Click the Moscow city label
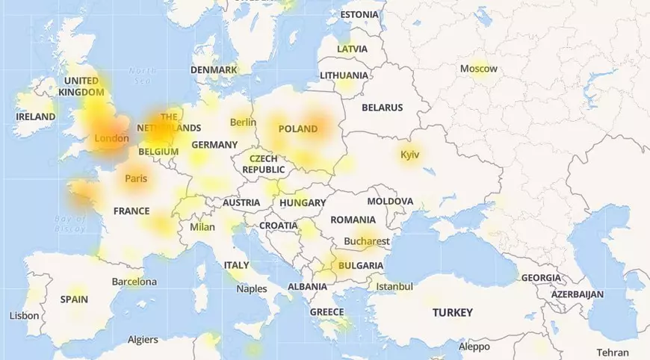pyautogui.click(x=478, y=69)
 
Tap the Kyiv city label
pyautogui.click(x=409, y=155)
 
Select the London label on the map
pyautogui.click(x=111, y=138)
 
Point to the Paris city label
pyautogui.click(x=136, y=179)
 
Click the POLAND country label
pyautogui.click(x=298, y=128)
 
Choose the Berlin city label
pyautogui.click(x=243, y=122)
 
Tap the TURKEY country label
pyautogui.click(x=452, y=312)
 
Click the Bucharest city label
pyautogui.click(x=367, y=241)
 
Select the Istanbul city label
pyautogui.click(x=394, y=286)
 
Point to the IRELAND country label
pyautogui.click(x=36, y=117)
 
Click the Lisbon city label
pyautogui.click(x=24, y=316)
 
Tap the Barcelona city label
pyautogui.click(x=134, y=282)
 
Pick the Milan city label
pyautogui.click(x=202, y=227)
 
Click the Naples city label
pyautogui.click(x=251, y=288)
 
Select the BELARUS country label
pyautogui.click(x=382, y=108)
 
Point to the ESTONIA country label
pyautogui.click(x=359, y=15)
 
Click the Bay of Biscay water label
pyautogui.click(x=71, y=223)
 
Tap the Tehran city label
pyautogui.click(x=613, y=353)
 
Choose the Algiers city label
pyautogui.click(x=143, y=340)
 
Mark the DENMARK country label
pyautogui.click(x=214, y=69)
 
